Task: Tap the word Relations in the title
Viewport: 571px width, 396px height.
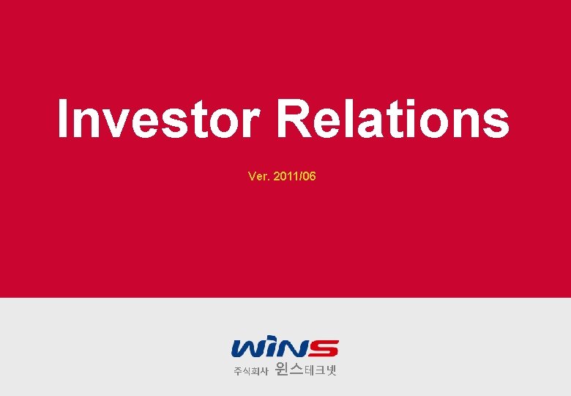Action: pyautogui.click(x=393, y=120)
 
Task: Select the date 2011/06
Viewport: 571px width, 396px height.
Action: pyautogui.click(x=294, y=177)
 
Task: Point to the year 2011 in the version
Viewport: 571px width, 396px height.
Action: pyautogui.click(x=285, y=177)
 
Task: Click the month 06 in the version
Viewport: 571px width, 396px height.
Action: pyautogui.click(x=310, y=177)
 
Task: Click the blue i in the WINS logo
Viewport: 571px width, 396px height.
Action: pyautogui.click(x=272, y=348)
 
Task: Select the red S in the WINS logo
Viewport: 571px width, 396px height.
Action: pyautogui.click(x=323, y=348)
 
